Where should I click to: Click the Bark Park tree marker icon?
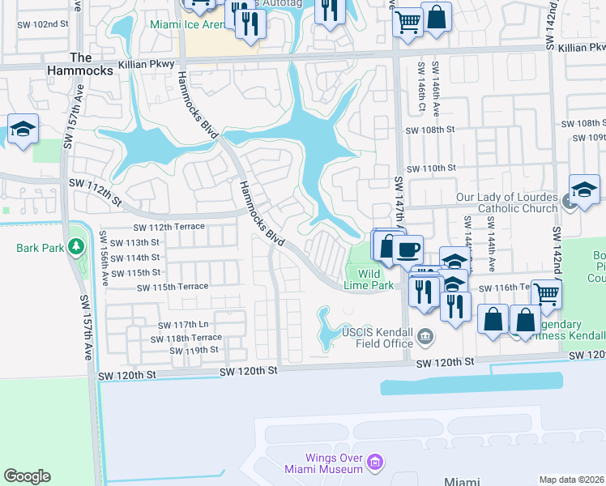76,245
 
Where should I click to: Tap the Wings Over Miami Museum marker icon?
373,463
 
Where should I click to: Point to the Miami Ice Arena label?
188,24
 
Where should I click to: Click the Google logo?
27,476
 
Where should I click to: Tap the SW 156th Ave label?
105,258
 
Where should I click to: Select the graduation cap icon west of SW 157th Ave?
23,129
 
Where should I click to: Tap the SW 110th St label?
431,168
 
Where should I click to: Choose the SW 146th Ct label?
420,87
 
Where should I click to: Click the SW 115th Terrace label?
173,288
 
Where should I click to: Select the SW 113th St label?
136,242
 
